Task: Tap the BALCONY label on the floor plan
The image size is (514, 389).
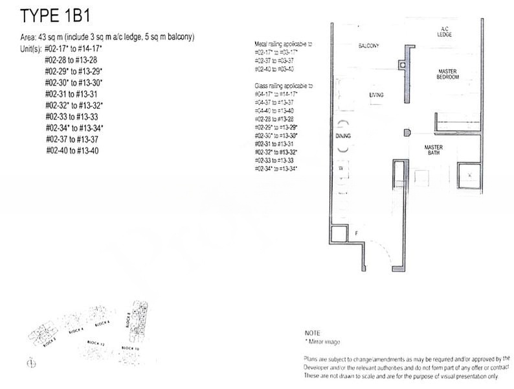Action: [368, 46]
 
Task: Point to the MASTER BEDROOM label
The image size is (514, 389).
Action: [448, 74]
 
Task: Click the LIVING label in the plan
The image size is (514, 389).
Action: [376, 95]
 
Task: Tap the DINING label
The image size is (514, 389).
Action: [343, 137]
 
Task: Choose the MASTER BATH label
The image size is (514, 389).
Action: [433, 150]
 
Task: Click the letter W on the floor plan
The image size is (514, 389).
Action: [341, 169]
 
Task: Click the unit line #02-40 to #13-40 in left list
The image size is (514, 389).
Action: [72, 150]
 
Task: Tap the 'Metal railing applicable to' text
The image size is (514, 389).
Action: [283, 43]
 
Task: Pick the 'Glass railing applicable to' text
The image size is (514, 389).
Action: [283, 86]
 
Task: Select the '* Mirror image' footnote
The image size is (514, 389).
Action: [323, 341]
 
